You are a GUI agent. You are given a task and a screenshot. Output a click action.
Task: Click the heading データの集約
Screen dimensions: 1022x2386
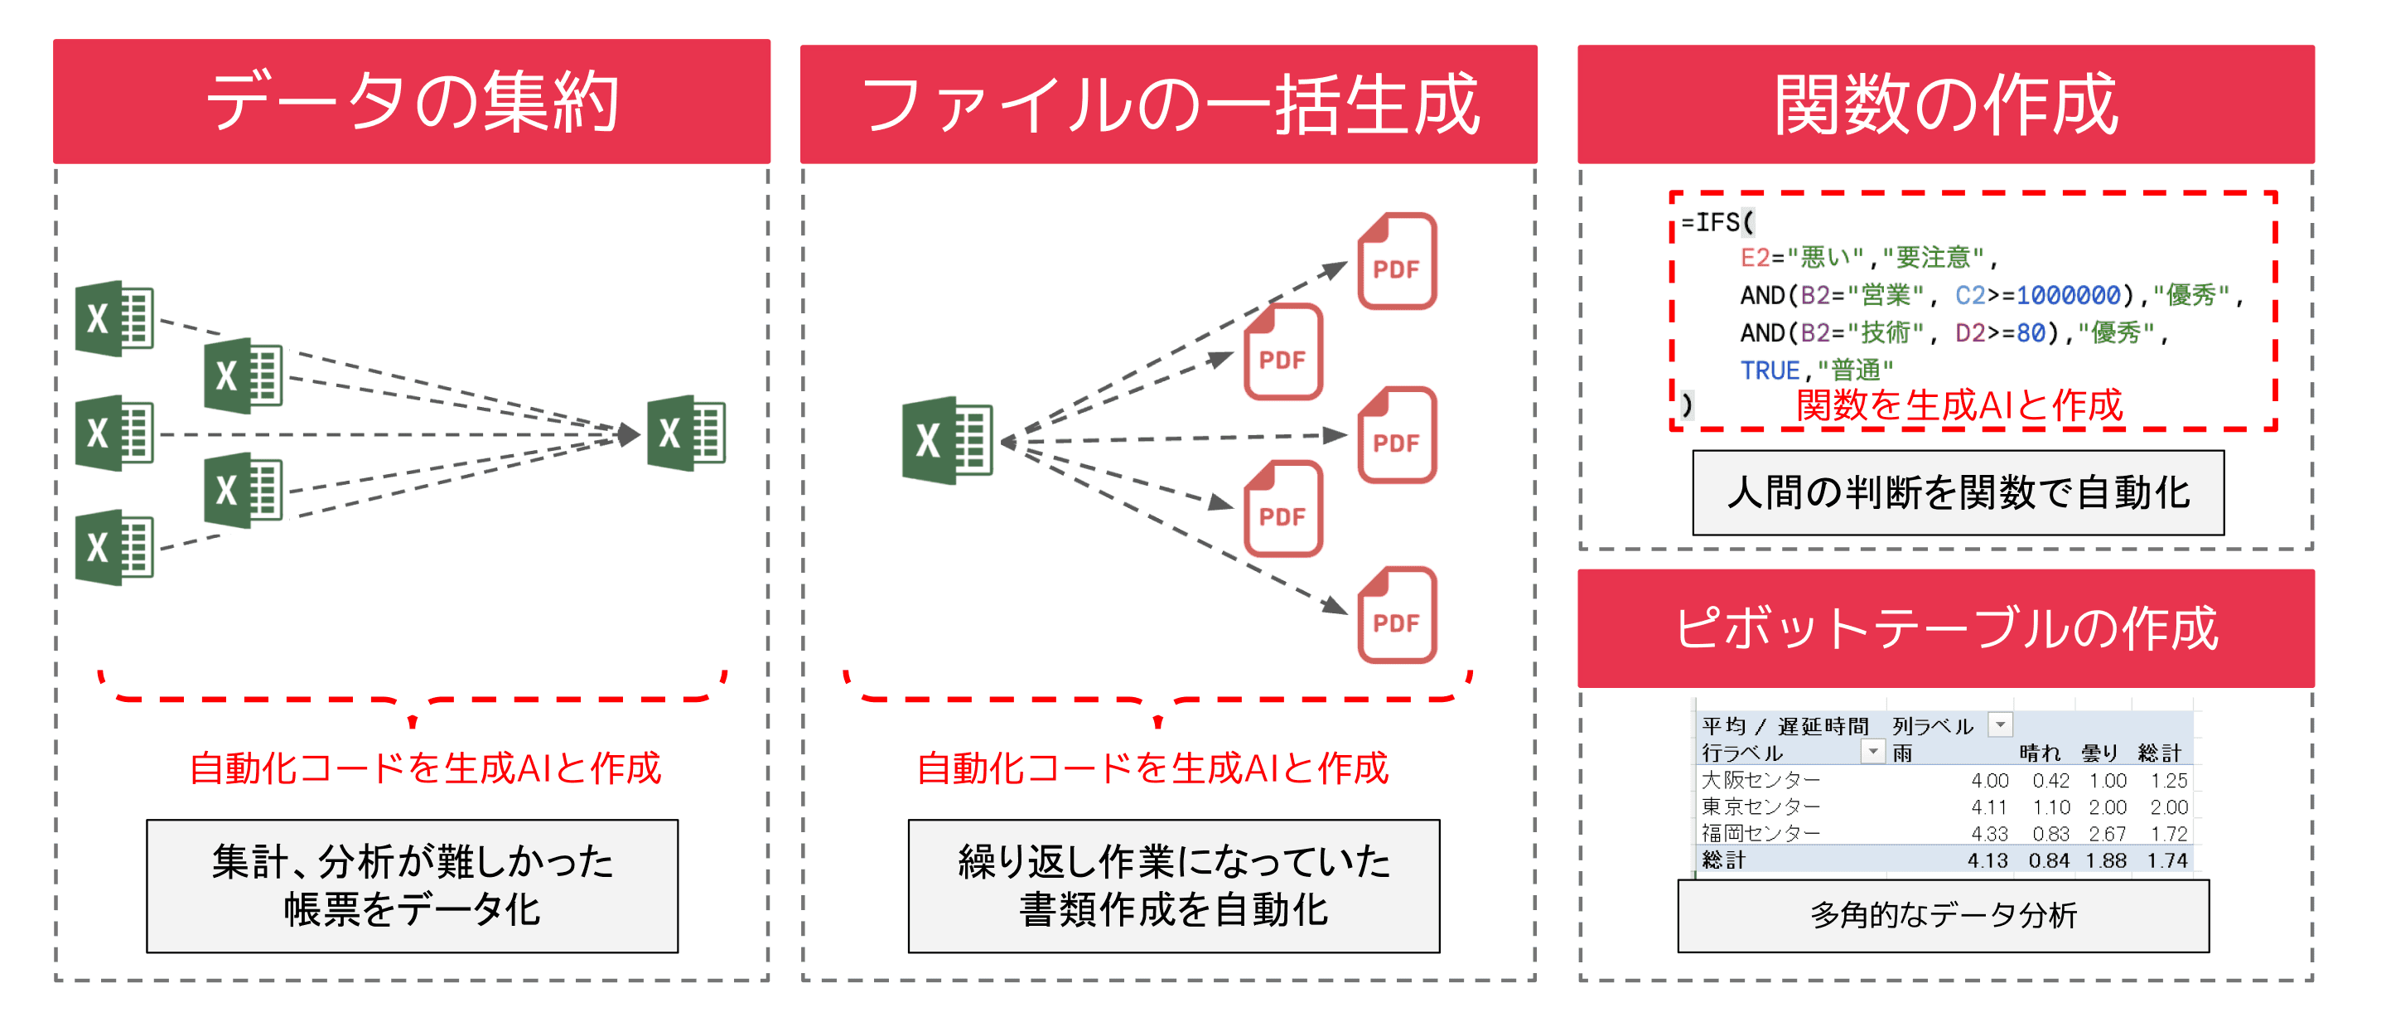(411, 102)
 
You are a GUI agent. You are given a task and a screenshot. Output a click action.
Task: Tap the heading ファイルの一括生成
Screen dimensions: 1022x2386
(1168, 104)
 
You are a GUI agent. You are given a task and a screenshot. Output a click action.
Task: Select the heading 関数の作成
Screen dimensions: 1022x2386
(1945, 104)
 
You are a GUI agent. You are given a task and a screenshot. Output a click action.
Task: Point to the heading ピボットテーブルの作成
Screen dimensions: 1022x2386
(1945, 628)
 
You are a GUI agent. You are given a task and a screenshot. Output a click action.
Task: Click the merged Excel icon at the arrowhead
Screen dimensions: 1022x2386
(686, 434)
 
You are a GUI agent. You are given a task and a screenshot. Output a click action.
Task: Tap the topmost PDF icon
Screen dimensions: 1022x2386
(1397, 261)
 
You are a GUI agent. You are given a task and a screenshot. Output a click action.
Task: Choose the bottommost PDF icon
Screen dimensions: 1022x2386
(1397, 615)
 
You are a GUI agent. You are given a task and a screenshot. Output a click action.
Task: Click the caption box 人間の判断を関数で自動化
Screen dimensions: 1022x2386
(1957, 493)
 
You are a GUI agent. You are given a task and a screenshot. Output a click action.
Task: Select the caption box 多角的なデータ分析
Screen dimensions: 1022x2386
(1944, 915)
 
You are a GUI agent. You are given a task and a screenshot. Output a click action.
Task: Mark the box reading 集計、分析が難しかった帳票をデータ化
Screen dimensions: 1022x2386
(413, 886)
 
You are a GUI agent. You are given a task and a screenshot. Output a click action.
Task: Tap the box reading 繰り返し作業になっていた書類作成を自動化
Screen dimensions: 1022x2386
(1174, 886)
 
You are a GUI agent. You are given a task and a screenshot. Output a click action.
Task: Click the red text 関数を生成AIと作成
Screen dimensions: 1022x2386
(1958, 406)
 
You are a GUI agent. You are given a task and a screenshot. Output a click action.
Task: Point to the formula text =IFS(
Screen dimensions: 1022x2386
(1717, 222)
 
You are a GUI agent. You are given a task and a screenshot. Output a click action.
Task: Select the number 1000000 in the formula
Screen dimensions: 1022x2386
(2067, 296)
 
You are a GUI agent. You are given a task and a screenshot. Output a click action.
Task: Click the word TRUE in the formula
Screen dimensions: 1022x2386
(1769, 371)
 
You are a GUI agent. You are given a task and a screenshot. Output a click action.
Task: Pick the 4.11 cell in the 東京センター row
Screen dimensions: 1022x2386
(1988, 807)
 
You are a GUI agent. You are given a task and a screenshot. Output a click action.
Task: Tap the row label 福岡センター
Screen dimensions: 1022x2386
(1761, 833)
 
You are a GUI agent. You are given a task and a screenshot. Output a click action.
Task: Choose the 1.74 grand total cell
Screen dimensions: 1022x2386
(2166, 860)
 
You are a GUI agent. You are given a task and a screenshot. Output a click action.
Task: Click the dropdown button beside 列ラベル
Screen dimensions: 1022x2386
(2001, 724)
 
